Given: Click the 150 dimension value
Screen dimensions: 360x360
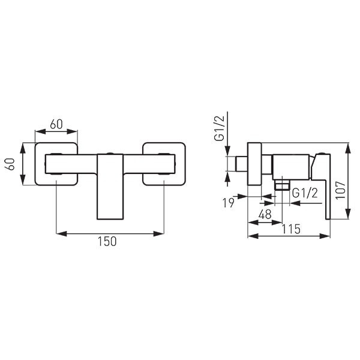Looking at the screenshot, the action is click(x=107, y=242).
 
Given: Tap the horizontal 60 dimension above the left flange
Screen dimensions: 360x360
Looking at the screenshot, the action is click(x=56, y=124).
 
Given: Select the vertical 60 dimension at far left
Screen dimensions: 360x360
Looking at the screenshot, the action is click(x=10, y=164).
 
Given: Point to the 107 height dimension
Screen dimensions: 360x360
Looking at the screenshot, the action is click(x=340, y=190).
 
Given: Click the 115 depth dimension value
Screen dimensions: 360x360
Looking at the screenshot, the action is click(x=291, y=229).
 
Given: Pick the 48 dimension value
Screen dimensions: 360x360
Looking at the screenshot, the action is click(x=265, y=214).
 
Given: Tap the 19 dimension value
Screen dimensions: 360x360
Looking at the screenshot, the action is click(x=229, y=203).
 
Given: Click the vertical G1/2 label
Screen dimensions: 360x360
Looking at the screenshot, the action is click(x=219, y=128).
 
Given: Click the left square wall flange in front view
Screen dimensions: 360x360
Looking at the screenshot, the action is click(x=56, y=164).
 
